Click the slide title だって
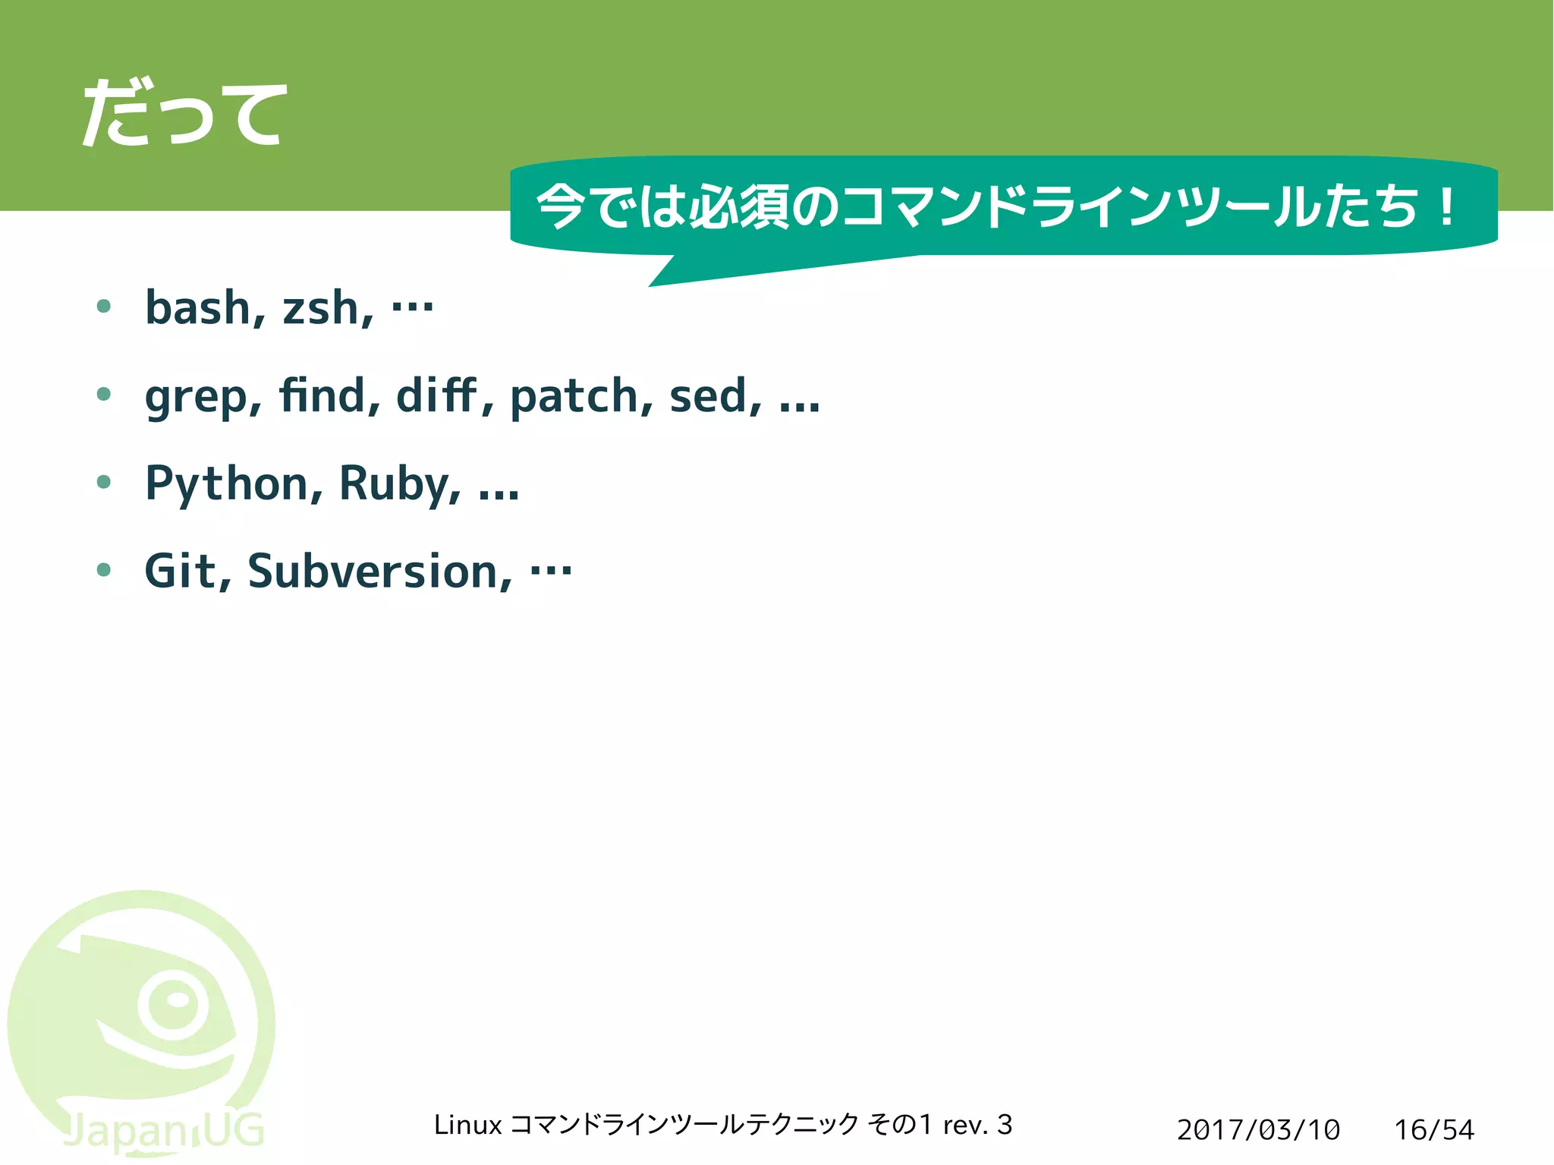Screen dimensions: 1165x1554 184,114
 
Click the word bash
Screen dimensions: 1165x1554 198,308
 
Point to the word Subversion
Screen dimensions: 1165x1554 376,571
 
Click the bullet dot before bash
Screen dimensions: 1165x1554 104,307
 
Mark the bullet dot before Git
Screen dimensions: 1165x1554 104,569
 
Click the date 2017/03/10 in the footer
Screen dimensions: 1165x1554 1258,1130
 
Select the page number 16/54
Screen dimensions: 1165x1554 1433,1130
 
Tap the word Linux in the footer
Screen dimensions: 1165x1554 467,1125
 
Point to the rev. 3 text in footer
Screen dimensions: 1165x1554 977,1125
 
